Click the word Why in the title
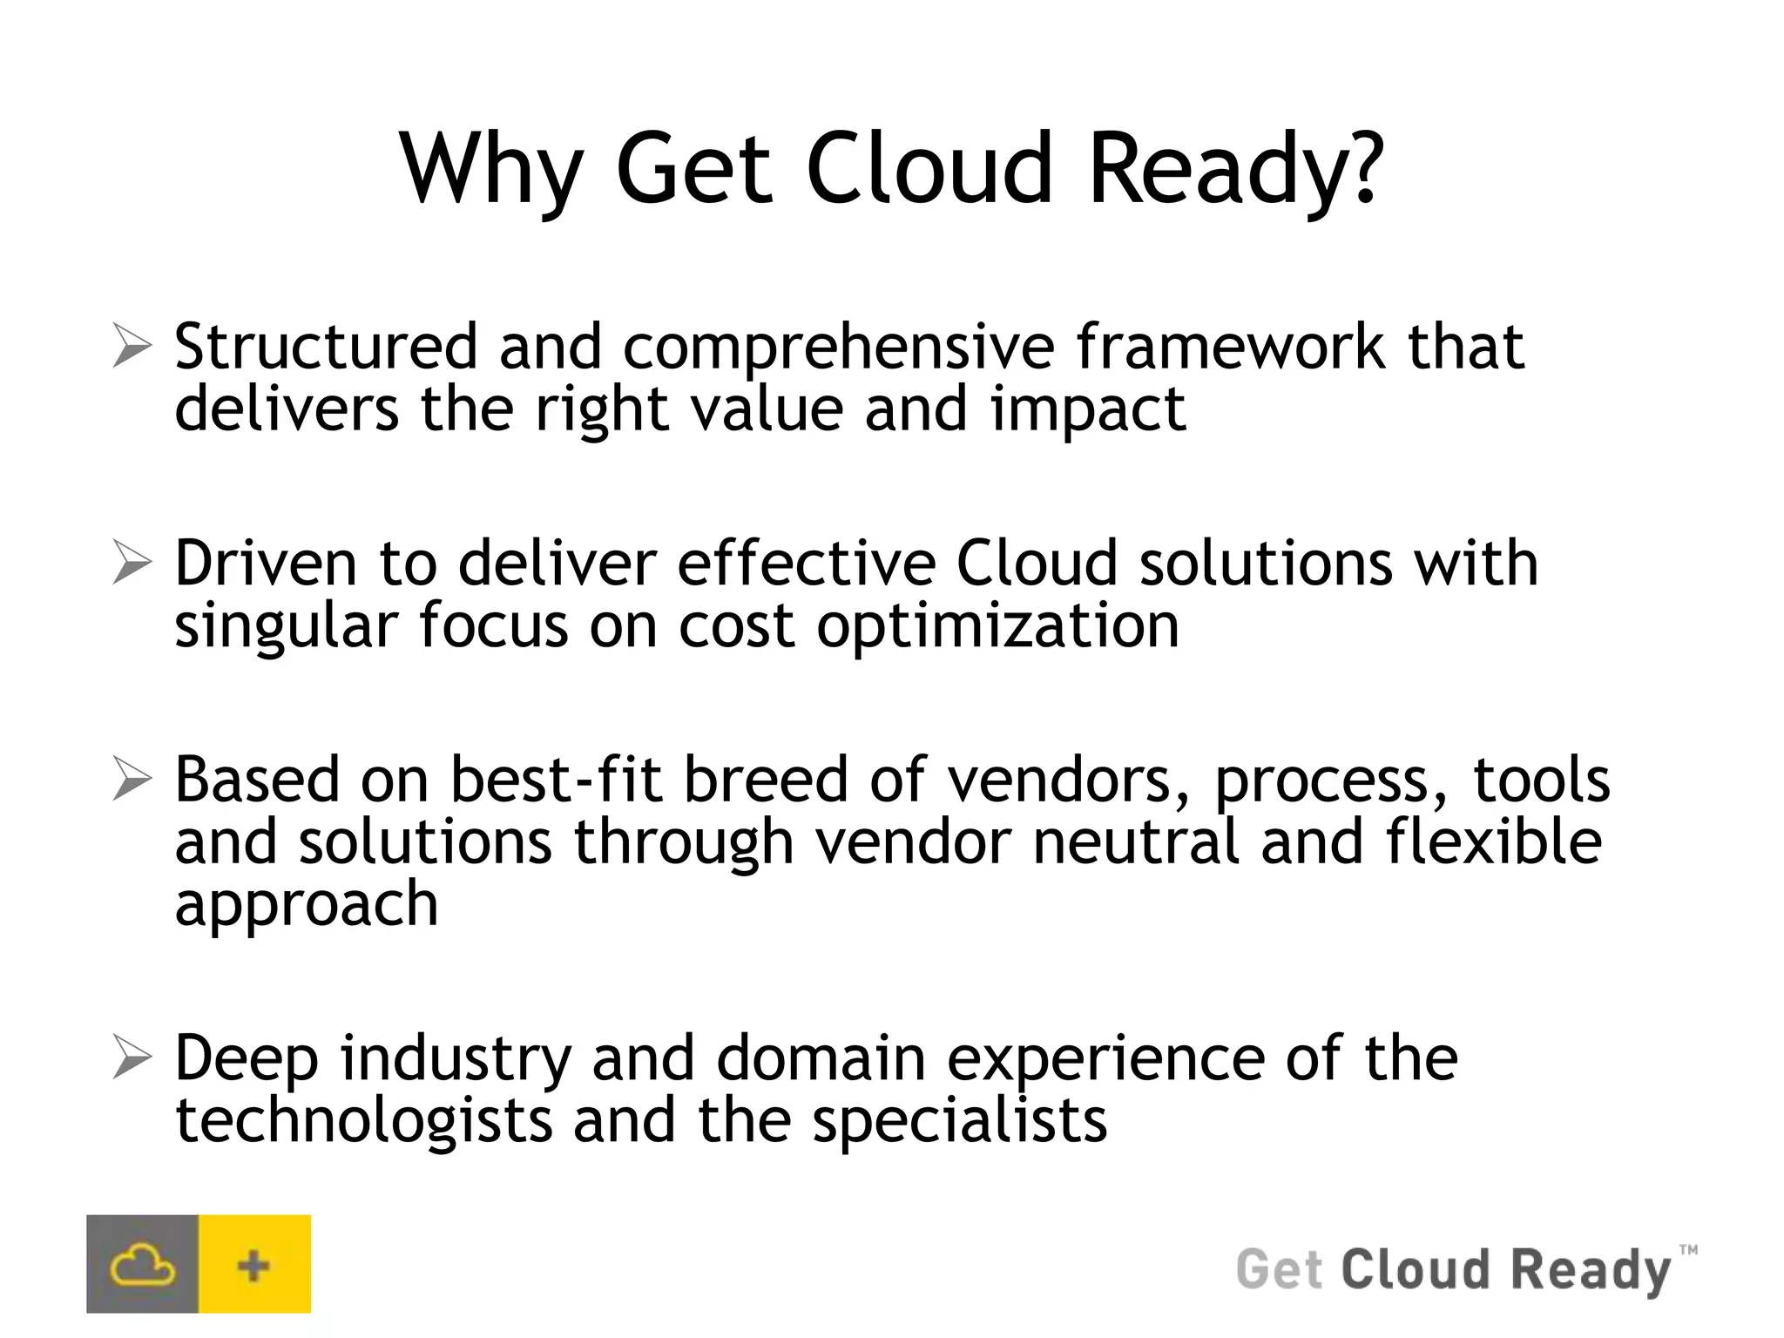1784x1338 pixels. (x=490, y=170)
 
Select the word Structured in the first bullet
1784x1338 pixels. (x=326, y=347)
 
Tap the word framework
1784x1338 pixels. (x=1230, y=347)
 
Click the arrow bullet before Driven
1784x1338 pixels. (x=132, y=563)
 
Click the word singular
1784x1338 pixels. (x=286, y=627)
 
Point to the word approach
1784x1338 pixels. (x=306, y=906)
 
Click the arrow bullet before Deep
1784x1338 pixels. (x=132, y=1058)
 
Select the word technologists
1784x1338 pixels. (x=363, y=1121)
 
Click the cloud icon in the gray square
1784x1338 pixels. (x=142, y=1265)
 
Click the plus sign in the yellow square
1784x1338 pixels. (x=253, y=1265)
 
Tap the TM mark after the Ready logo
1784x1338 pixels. (x=1687, y=1250)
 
